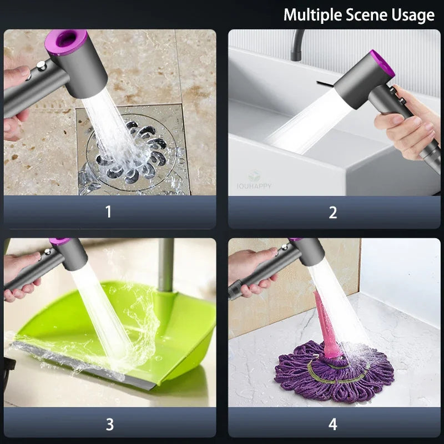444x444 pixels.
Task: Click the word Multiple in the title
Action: (312, 15)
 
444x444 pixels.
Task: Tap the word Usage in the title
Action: (413, 15)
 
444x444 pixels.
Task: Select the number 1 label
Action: (108, 211)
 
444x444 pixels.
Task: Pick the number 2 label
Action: (332, 212)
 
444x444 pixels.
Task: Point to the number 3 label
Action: (109, 424)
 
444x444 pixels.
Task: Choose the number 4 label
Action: (332, 424)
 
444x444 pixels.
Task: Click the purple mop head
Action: (334, 372)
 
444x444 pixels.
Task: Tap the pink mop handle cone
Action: (326, 326)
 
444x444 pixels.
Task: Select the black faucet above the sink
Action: (297, 45)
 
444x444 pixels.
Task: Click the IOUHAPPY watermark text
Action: (254, 186)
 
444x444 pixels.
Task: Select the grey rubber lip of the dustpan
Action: (85, 365)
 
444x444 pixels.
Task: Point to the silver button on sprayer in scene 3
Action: (48, 251)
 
